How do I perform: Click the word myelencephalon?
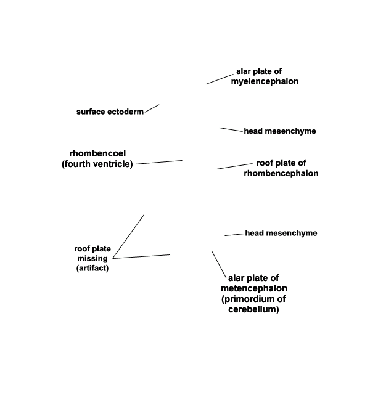point(265,81)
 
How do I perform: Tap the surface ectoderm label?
point(110,112)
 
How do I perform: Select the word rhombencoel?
point(97,153)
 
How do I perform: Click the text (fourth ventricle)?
point(97,164)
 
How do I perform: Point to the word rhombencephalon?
point(281,173)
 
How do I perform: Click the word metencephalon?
point(254,288)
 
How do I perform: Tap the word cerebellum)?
point(253,309)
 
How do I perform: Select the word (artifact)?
point(92,268)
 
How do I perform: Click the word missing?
point(92,258)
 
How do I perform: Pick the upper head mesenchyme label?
point(280,131)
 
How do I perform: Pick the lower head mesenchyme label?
point(281,233)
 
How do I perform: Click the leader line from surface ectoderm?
point(152,108)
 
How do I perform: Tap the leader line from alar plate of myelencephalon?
point(220,79)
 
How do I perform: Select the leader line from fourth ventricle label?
point(159,162)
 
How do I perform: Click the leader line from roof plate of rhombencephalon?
point(234,166)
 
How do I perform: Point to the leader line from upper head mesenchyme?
point(231,130)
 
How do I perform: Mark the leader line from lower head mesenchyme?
point(234,235)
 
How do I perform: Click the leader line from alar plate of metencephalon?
point(219,265)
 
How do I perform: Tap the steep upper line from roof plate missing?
point(128,237)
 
